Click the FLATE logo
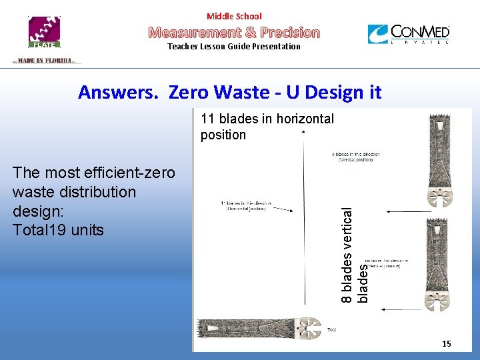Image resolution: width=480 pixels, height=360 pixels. tap(43, 32)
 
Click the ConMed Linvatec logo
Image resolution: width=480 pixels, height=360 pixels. tap(408, 34)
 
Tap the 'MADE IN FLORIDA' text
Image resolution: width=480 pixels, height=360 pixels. tap(46, 61)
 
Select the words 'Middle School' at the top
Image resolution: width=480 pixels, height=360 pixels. tap(234, 16)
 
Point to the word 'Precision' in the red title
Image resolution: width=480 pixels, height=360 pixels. tap(290, 32)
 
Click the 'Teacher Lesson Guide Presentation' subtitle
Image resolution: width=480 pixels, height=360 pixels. tap(234, 47)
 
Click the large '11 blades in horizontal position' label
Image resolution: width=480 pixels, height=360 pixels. tap(267, 127)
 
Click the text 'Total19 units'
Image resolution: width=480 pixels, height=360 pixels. tap(59, 231)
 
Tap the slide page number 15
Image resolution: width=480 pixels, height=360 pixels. tap(446, 343)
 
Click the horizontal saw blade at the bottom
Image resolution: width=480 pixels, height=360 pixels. tap(261, 329)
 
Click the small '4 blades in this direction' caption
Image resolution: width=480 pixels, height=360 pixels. tap(355, 157)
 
